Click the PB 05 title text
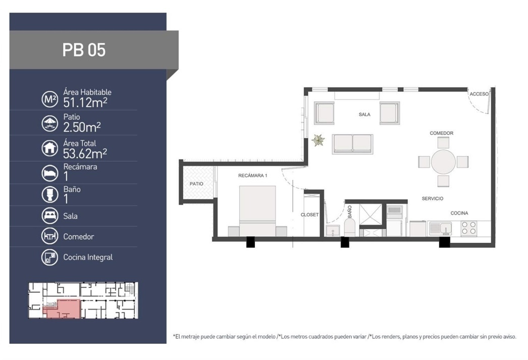(84, 50)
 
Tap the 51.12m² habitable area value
(85, 102)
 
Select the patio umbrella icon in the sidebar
(50, 123)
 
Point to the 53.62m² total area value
(85, 153)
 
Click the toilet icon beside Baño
(50, 195)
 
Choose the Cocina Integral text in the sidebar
(88, 258)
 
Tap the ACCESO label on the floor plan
(479, 94)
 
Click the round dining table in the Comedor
(443, 162)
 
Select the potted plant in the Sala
(318, 140)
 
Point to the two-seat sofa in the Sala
(352, 144)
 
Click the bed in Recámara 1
(257, 211)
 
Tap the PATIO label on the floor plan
(196, 184)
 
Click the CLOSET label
(309, 215)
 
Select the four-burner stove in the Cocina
(469, 228)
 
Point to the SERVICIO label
(433, 199)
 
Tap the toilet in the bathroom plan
(349, 227)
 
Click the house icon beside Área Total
(50, 148)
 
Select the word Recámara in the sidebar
(80, 167)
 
